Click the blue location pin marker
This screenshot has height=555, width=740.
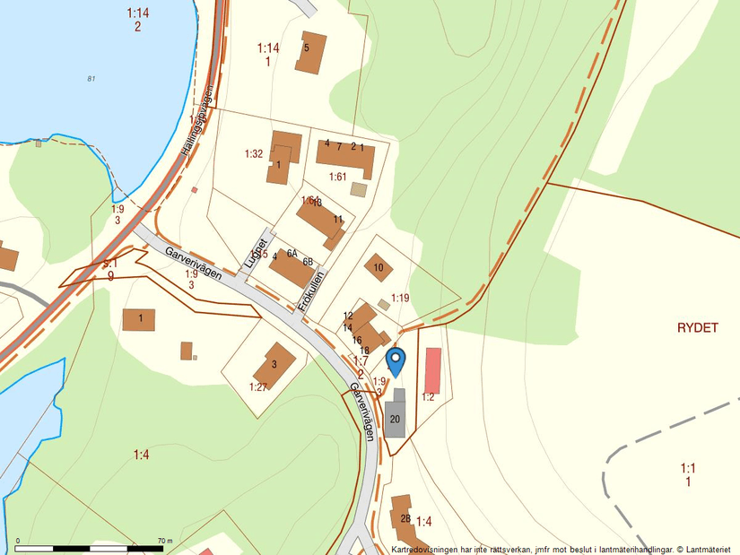(x=395, y=360)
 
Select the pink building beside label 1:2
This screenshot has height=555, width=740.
(x=432, y=369)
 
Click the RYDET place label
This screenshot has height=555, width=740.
(x=698, y=328)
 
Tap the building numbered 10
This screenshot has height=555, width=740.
(x=378, y=267)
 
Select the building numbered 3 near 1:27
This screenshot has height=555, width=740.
(x=274, y=364)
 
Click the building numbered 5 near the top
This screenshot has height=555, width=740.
(x=310, y=51)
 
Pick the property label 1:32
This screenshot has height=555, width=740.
(x=253, y=154)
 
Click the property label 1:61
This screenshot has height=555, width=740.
(x=337, y=177)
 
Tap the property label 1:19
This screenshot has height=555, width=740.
(x=400, y=297)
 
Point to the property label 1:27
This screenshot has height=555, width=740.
(x=258, y=386)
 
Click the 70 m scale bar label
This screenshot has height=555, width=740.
(x=163, y=541)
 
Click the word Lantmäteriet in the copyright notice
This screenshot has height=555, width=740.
(x=705, y=549)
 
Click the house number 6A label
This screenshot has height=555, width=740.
(x=292, y=254)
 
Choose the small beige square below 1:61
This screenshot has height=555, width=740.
(x=359, y=189)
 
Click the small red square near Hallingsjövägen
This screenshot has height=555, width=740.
(x=194, y=189)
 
